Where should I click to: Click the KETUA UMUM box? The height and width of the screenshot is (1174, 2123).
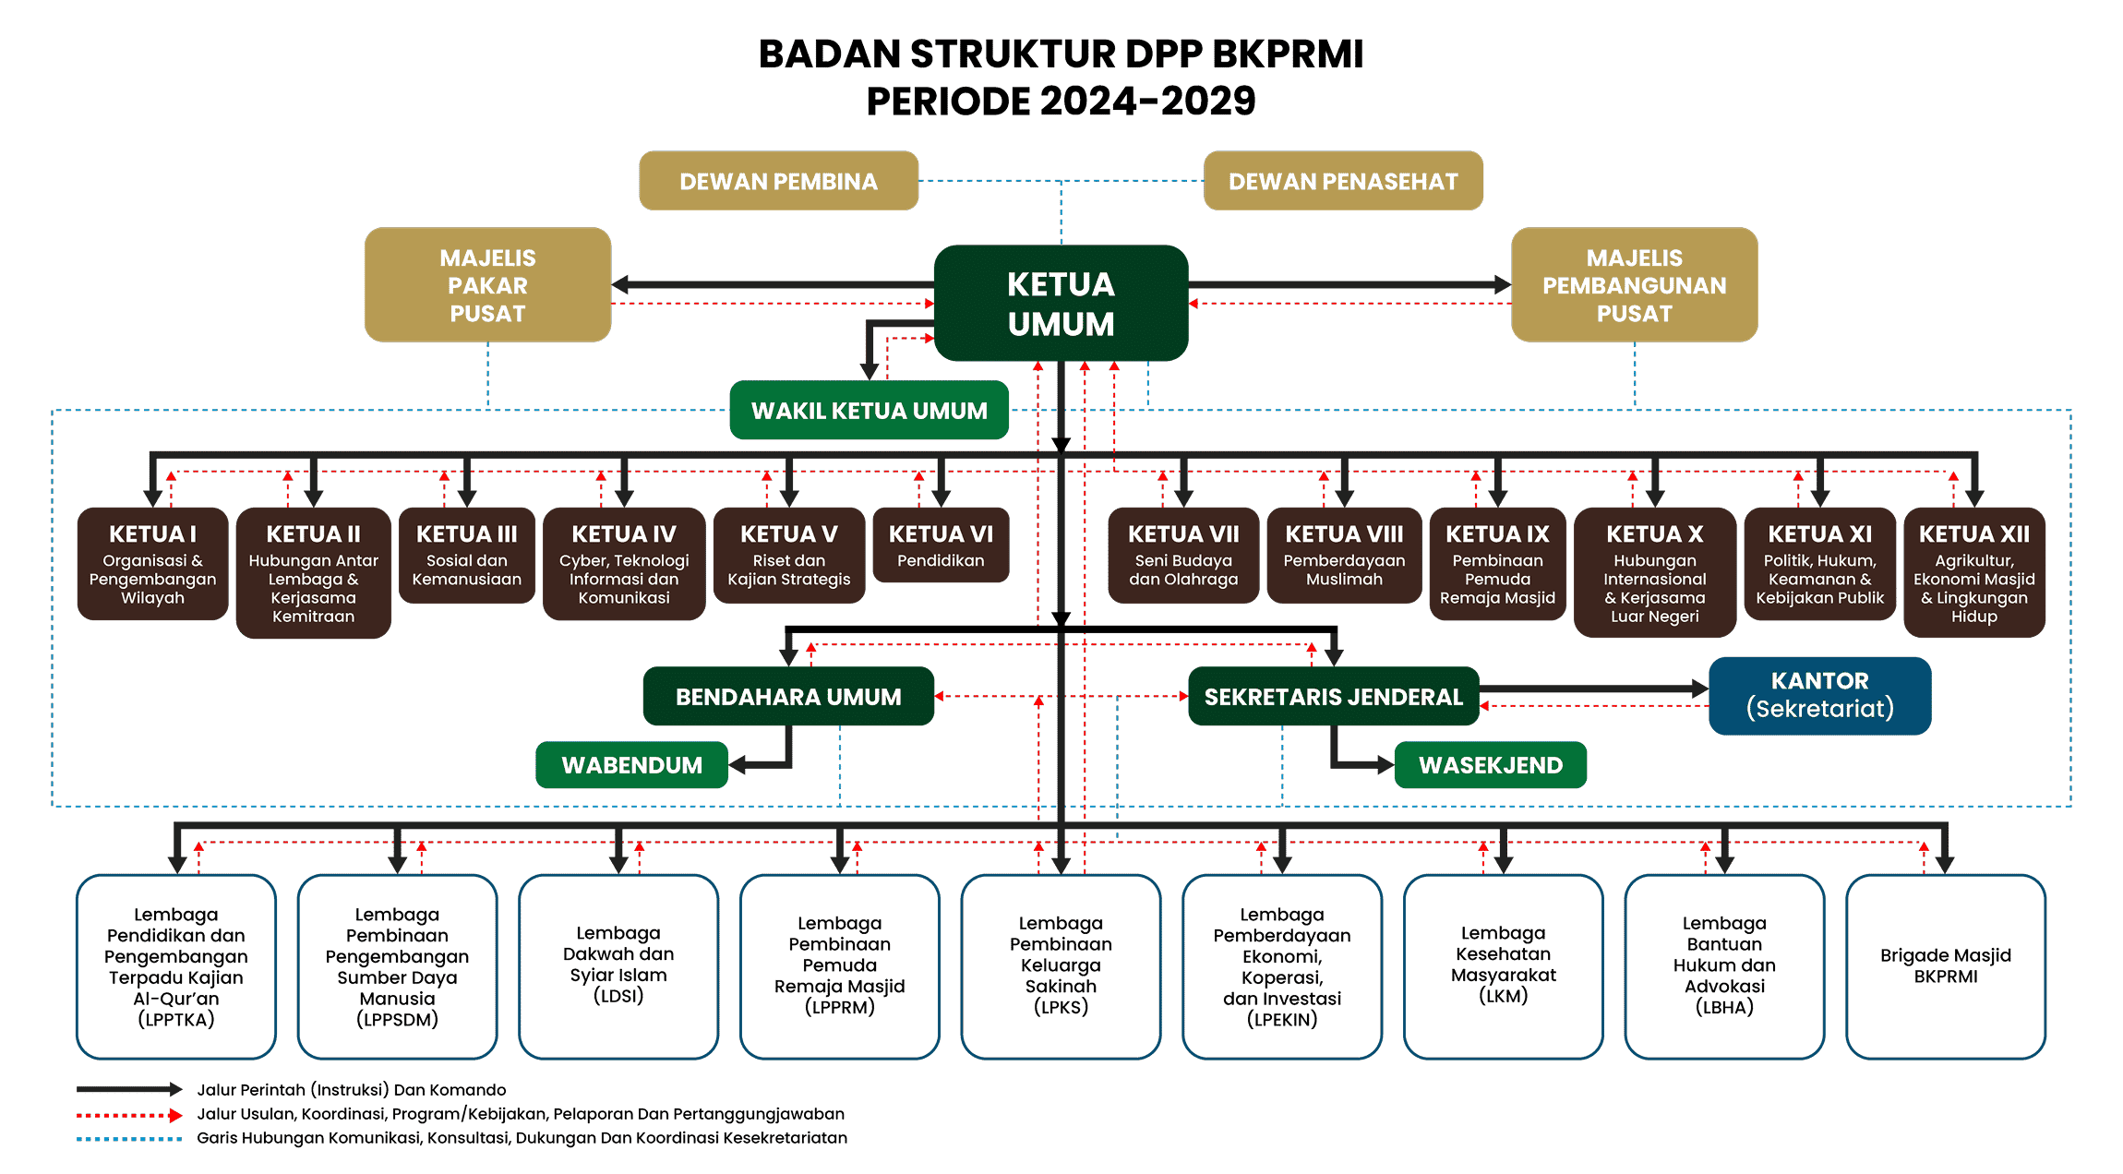pyautogui.click(x=1061, y=303)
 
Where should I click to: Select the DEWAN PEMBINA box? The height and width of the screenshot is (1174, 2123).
pyautogui.click(x=778, y=181)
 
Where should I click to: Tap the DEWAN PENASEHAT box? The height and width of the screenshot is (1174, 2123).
pyautogui.click(x=1343, y=181)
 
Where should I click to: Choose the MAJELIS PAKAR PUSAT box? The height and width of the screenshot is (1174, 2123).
pyautogui.click(x=487, y=285)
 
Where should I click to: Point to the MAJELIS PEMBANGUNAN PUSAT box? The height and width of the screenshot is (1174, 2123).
pyautogui.click(x=1634, y=285)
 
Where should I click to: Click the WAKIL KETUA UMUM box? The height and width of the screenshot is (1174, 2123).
pyautogui.click(x=869, y=411)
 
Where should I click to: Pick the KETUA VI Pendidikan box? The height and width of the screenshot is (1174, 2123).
pyautogui.click(x=941, y=545)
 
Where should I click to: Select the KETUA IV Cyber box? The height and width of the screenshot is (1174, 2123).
pyautogui.click(x=624, y=563)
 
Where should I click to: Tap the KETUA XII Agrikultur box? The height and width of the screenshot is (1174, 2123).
pyautogui.click(x=1973, y=572)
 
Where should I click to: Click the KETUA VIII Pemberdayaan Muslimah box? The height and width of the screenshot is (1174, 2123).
pyautogui.click(x=1344, y=555)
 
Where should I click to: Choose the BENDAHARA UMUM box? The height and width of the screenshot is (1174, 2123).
pyautogui.click(x=788, y=697)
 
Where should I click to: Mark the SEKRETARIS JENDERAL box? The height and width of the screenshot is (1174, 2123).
pyautogui.click(x=1333, y=697)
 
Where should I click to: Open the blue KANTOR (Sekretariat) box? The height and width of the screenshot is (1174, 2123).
pyautogui.click(x=1819, y=695)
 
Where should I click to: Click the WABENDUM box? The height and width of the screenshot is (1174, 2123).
pyautogui.click(x=631, y=765)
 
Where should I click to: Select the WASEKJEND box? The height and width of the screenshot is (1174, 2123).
pyautogui.click(x=1490, y=765)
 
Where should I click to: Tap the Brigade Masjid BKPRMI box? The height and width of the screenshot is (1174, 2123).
pyautogui.click(x=1945, y=965)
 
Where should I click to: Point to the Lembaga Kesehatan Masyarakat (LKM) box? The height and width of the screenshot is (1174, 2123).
pyautogui.click(x=1503, y=965)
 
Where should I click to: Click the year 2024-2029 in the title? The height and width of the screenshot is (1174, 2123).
pyautogui.click(x=1148, y=102)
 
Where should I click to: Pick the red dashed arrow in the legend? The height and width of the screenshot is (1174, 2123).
pyautogui.click(x=129, y=1115)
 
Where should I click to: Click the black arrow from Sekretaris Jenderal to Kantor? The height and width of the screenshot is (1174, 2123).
pyautogui.click(x=1592, y=689)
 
